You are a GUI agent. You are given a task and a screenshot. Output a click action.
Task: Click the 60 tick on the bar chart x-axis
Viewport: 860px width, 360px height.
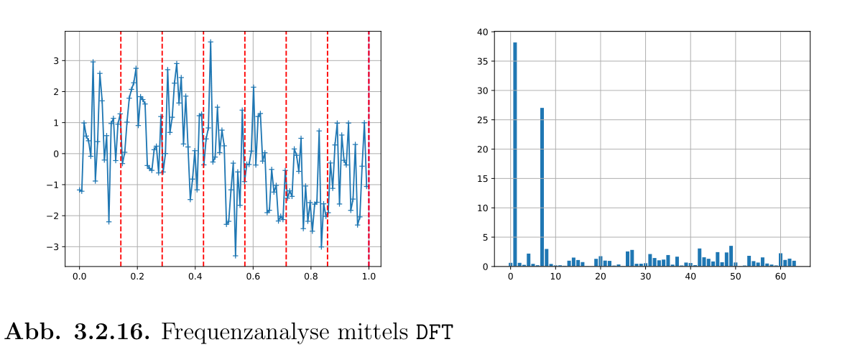[780, 277]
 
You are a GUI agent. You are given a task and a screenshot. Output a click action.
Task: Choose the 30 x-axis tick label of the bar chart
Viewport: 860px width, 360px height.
[645, 277]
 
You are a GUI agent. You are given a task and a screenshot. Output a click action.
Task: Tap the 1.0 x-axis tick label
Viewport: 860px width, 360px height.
[369, 277]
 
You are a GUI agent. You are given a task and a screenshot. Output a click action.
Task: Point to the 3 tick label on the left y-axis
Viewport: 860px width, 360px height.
[56, 61]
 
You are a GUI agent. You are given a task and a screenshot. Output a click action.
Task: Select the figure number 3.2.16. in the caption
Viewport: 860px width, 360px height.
[113, 332]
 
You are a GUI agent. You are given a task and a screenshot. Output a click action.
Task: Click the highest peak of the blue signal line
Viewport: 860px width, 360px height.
[211, 42]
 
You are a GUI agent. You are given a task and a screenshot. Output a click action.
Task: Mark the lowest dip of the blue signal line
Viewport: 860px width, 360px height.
[235, 255]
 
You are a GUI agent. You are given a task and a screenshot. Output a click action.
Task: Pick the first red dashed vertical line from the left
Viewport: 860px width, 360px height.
[121, 144]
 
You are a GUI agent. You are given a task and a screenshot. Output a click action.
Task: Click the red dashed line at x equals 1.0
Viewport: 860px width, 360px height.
[369, 144]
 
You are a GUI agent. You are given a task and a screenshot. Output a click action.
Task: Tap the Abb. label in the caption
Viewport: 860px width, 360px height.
[33, 332]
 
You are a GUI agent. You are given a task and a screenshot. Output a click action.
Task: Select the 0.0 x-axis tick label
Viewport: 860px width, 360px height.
[79, 277]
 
